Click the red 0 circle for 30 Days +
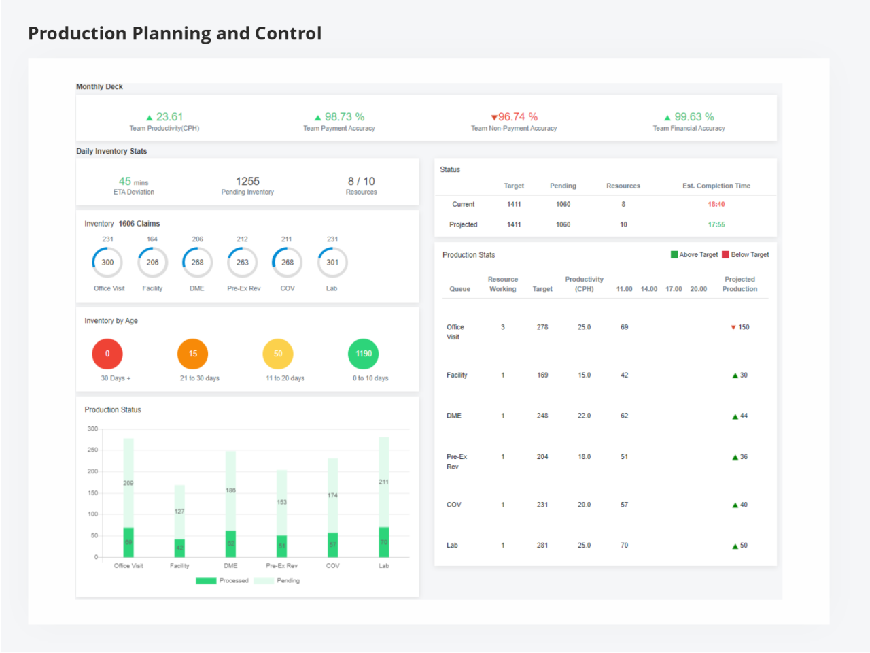click(107, 354)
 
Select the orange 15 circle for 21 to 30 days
click(193, 354)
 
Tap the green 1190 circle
click(364, 354)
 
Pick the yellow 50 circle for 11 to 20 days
click(278, 354)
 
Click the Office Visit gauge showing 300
click(107, 263)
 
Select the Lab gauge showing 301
click(332, 263)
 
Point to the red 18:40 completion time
click(716, 204)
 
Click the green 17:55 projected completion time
click(716, 224)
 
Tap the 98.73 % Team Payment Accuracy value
click(344, 117)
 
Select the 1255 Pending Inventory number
click(247, 182)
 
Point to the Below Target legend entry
click(746, 255)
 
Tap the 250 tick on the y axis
click(92, 450)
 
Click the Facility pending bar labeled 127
click(179, 512)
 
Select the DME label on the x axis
click(230, 566)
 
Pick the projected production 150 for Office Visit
click(744, 327)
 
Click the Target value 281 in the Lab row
click(542, 546)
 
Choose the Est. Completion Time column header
click(716, 186)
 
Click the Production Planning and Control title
click(175, 33)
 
